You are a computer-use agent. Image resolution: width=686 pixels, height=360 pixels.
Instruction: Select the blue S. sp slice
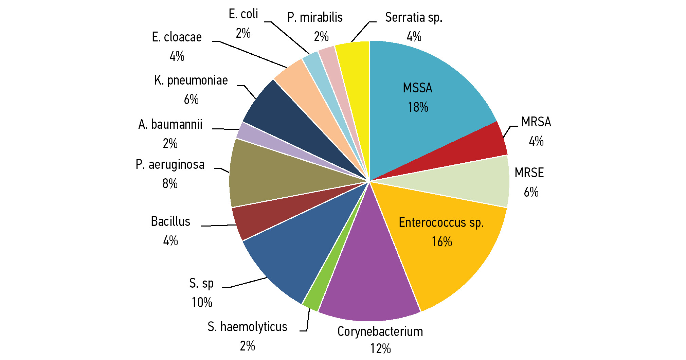tap(299, 251)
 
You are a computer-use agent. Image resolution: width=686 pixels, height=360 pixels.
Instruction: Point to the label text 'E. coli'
tap(243, 14)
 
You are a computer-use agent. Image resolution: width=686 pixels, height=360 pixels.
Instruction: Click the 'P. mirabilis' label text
tap(315, 17)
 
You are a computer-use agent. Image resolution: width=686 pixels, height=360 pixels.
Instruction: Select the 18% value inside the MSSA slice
tap(418, 107)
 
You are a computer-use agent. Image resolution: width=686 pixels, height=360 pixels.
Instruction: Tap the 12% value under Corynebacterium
tap(380, 349)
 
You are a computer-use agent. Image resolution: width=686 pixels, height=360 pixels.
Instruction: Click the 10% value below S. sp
tap(202, 303)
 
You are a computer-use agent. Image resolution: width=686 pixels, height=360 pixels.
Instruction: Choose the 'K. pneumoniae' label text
tap(191, 80)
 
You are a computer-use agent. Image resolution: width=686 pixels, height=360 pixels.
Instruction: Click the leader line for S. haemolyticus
tap(308, 321)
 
